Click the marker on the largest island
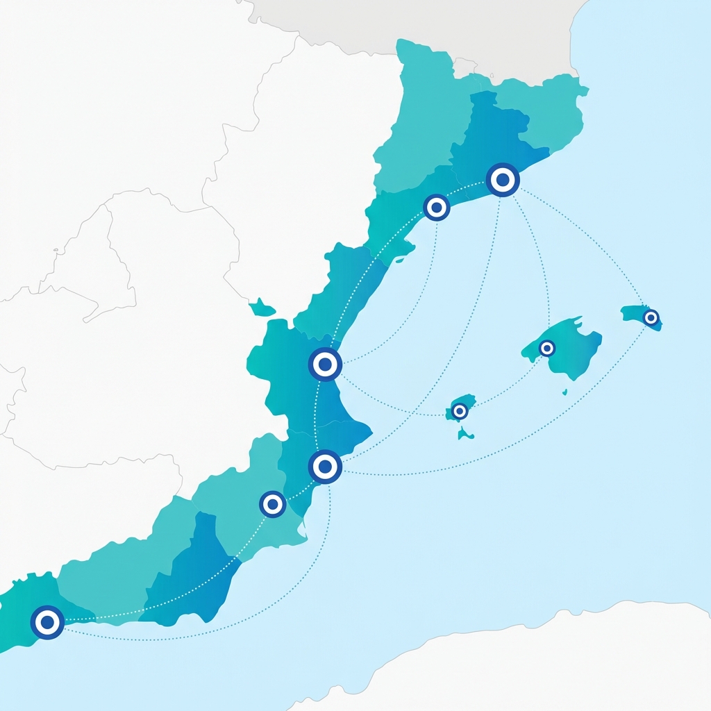547,348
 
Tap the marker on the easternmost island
651,318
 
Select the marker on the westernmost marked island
459,411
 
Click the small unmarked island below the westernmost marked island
465,435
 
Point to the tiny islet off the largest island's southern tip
564,392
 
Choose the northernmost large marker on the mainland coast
503,180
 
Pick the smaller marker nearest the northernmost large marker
436,207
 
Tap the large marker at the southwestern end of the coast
47,622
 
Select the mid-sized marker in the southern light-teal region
272,504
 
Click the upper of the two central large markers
325,364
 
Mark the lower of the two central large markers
325,467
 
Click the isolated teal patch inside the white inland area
262,307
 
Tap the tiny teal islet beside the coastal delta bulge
401,261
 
